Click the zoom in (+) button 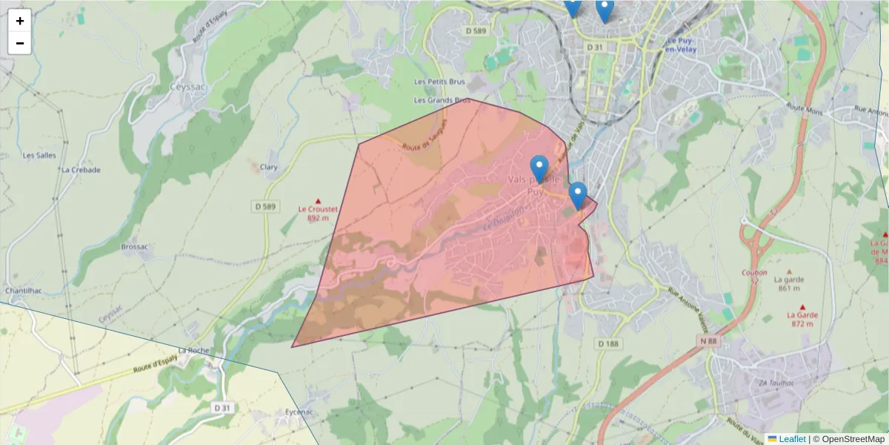(20, 21)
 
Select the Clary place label (269, 168)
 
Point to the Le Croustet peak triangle (319, 201)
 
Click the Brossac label (134, 246)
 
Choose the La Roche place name (193, 350)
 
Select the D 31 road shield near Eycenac (222, 407)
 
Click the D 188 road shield (607, 343)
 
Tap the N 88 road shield (708, 340)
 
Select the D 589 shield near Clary (267, 206)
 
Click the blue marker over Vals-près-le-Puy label (540, 168)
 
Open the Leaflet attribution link (791, 439)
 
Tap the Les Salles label (40, 156)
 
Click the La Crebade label (81, 169)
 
